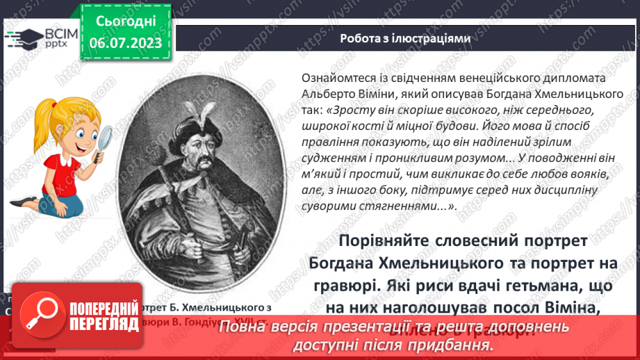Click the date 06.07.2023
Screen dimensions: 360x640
tap(125, 44)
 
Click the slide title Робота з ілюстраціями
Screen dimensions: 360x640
tap(405, 39)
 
